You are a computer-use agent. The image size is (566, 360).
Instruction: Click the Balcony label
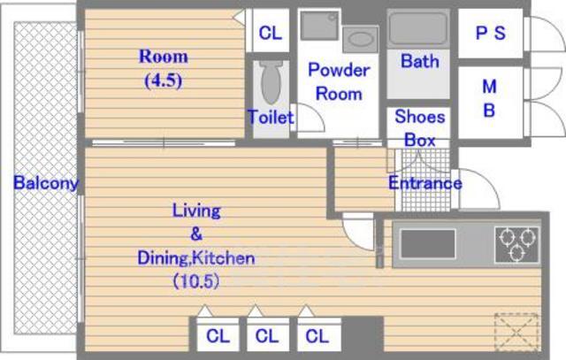click(x=46, y=183)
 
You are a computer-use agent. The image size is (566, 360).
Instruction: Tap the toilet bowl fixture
click(x=272, y=82)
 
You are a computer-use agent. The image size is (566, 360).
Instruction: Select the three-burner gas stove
click(x=516, y=244)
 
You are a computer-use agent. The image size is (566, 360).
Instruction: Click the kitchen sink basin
click(x=428, y=244)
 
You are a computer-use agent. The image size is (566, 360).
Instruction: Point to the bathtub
click(x=418, y=28)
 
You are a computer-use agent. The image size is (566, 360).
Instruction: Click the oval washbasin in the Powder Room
click(x=360, y=39)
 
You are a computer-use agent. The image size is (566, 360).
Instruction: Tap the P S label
click(x=490, y=34)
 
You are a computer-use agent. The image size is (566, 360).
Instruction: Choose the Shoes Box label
click(x=420, y=128)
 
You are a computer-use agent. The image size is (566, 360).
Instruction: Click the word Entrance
click(x=425, y=183)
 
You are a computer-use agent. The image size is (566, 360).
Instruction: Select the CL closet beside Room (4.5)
click(x=271, y=33)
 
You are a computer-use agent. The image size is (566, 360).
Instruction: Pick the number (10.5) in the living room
click(x=196, y=281)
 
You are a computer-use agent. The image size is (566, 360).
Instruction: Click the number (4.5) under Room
click(x=163, y=80)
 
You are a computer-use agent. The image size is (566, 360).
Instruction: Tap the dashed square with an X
click(x=516, y=332)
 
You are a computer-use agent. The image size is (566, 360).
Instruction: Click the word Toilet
click(x=271, y=118)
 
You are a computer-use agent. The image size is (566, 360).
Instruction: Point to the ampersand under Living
click(x=196, y=234)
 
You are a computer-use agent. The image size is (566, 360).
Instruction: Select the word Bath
click(x=420, y=61)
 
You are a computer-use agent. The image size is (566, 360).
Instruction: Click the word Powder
click(x=339, y=70)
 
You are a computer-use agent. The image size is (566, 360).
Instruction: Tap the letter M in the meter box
click(x=489, y=87)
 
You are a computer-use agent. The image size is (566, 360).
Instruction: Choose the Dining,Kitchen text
click(x=196, y=258)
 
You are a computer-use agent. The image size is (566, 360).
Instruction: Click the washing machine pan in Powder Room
click(x=319, y=26)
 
